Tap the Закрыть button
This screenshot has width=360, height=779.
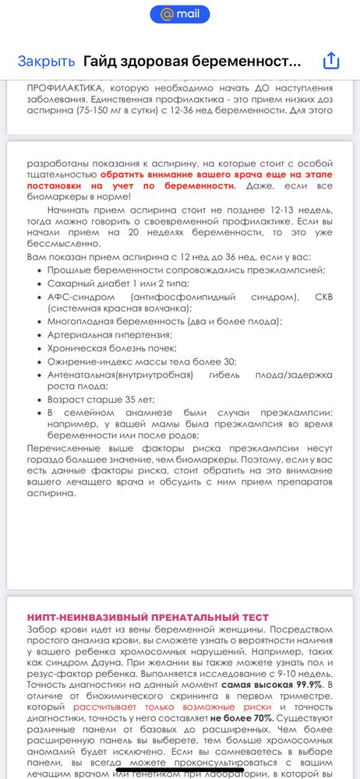pyautogui.click(x=46, y=61)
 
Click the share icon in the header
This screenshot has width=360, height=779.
pyautogui.click(x=331, y=61)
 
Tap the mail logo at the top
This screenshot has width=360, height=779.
pyautogui.click(x=180, y=13)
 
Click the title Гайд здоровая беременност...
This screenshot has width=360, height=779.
pyautogui.click(x=192, y=61)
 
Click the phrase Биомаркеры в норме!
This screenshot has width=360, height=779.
pyautogui.click(x=74, y=198)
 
